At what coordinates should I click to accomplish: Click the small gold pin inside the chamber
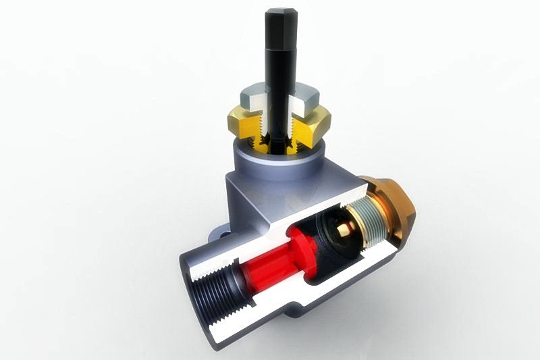[344, 229]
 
